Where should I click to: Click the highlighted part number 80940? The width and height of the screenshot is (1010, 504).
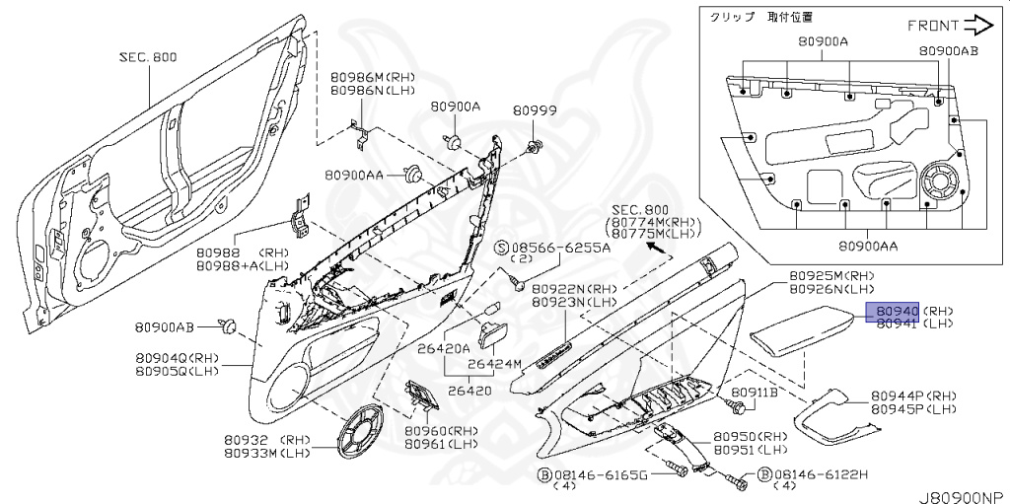893,310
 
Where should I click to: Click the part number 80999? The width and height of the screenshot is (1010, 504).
539,111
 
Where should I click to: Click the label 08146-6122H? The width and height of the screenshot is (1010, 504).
822,474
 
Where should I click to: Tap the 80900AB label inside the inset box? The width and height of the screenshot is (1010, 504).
949,49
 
